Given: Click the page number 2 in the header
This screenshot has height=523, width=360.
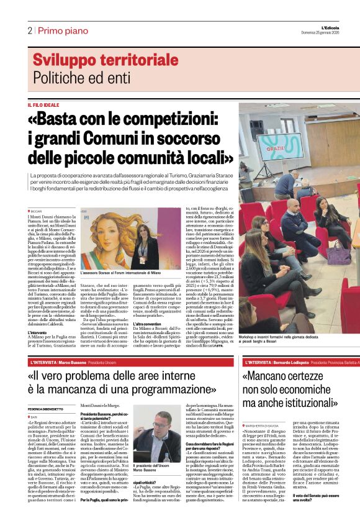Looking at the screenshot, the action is point(29,30).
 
